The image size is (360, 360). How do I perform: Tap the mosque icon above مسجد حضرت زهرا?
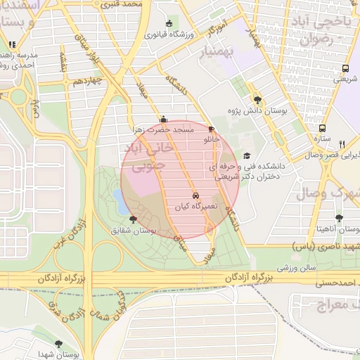[164, 119]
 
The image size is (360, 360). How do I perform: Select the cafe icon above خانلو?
[212, 129]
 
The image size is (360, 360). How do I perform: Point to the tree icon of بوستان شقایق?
[134, 220]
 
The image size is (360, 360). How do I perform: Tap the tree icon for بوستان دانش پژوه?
[257, 99]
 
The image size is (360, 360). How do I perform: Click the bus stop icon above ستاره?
[322, 129]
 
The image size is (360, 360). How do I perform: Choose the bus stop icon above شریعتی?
[345, 69]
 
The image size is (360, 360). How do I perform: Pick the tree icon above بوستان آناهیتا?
[340, 219]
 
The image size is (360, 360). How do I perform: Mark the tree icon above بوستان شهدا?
[58, 344]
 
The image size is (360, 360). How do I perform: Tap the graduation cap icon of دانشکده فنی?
[246, 156]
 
